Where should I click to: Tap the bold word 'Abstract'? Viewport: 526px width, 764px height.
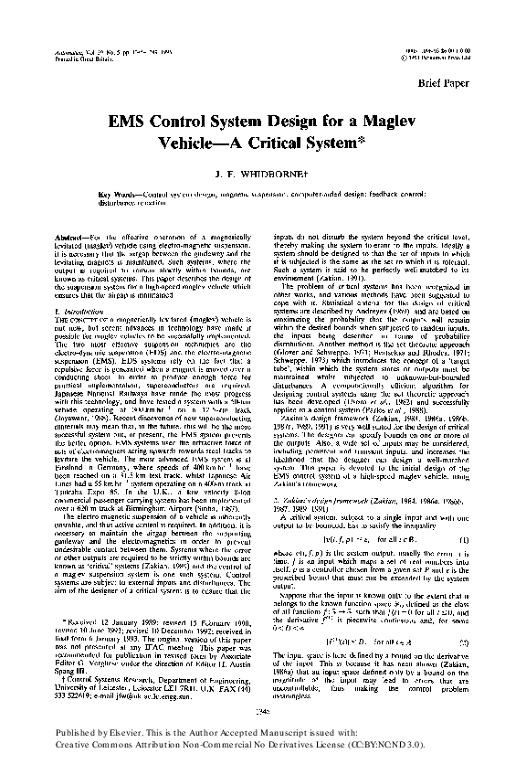click(68, 237)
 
